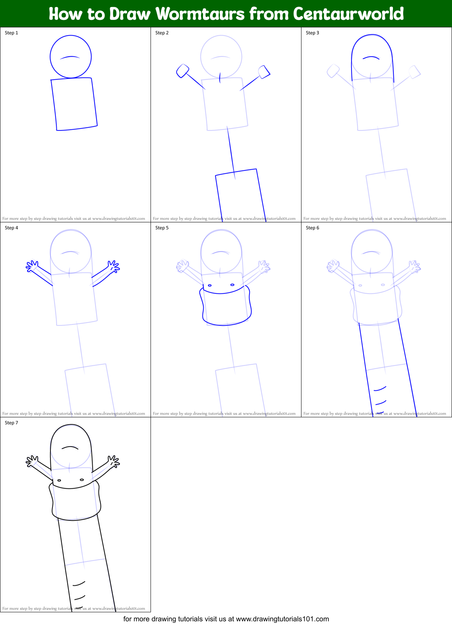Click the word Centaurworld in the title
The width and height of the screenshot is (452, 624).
[x=348, y=14]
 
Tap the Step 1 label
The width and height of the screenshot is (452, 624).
[x=11, y=33]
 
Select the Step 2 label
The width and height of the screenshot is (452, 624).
[x=162, y=33]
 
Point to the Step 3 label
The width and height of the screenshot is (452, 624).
[x=312, y=33]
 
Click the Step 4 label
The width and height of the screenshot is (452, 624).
[x=11, y=228]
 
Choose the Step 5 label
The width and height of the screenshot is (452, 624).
[x=162, y=228]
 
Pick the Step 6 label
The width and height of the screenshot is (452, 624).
[x=312, y=228]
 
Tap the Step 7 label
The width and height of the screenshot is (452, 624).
[x=11, y=423]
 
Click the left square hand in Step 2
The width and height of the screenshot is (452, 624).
[x=183, y=71]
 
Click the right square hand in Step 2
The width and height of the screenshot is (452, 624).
[x=264, y=72]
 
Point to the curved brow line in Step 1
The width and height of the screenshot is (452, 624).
[x=70, y=57]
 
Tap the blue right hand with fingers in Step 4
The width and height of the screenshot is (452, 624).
[x=114, y=266]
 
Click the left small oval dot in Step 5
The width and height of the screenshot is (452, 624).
[x=210, y=286]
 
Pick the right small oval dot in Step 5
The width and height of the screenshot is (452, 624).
[x=232, y=285]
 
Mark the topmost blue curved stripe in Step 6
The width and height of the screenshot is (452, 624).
[x=380, y=388]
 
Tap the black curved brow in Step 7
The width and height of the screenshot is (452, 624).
[x=70, y=447]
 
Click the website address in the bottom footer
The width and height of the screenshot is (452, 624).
[x=282, y=619]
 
